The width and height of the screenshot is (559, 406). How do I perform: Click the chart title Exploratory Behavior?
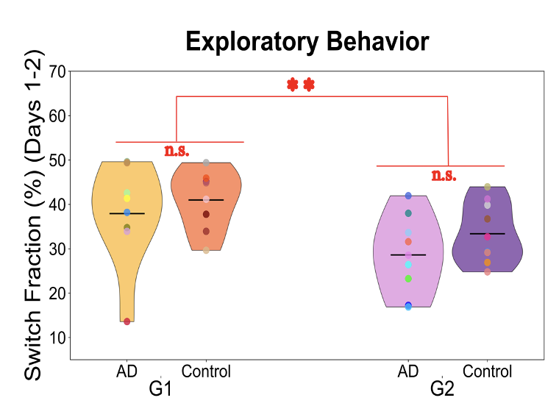tap(307, 41)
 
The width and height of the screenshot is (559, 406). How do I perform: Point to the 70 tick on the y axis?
tap(57, 72)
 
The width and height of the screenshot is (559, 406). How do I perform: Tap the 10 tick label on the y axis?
tap(57, 338)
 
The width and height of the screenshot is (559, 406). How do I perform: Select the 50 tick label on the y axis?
tap(57, 160)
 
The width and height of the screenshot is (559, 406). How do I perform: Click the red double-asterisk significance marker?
tap(300, 85)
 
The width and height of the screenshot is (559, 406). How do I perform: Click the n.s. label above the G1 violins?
tap(177, 151)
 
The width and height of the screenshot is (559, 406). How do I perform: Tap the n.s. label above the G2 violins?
tap(444, 175)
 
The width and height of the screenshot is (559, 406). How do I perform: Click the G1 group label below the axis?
tap(160, 388)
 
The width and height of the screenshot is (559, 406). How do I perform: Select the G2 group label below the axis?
tap(442, 388)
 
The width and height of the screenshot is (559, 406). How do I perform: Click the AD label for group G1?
tap(127, 371)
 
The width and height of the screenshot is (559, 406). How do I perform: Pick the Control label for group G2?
tap(488, 371)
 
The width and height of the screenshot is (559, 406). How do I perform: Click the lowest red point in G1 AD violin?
tap(127, 321)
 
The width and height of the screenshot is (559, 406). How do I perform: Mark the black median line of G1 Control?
tap(206, 200)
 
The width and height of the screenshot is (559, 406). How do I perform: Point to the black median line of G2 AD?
tap(408, 254)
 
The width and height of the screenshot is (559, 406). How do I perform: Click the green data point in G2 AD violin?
tap(408, 279)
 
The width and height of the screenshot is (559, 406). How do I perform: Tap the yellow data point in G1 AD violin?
tap(127, 199)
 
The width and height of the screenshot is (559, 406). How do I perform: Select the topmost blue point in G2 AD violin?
tap(408, 196)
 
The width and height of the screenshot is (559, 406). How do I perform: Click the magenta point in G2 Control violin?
tap(487, 237)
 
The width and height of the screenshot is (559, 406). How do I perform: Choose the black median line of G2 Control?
tap(487, 233)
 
